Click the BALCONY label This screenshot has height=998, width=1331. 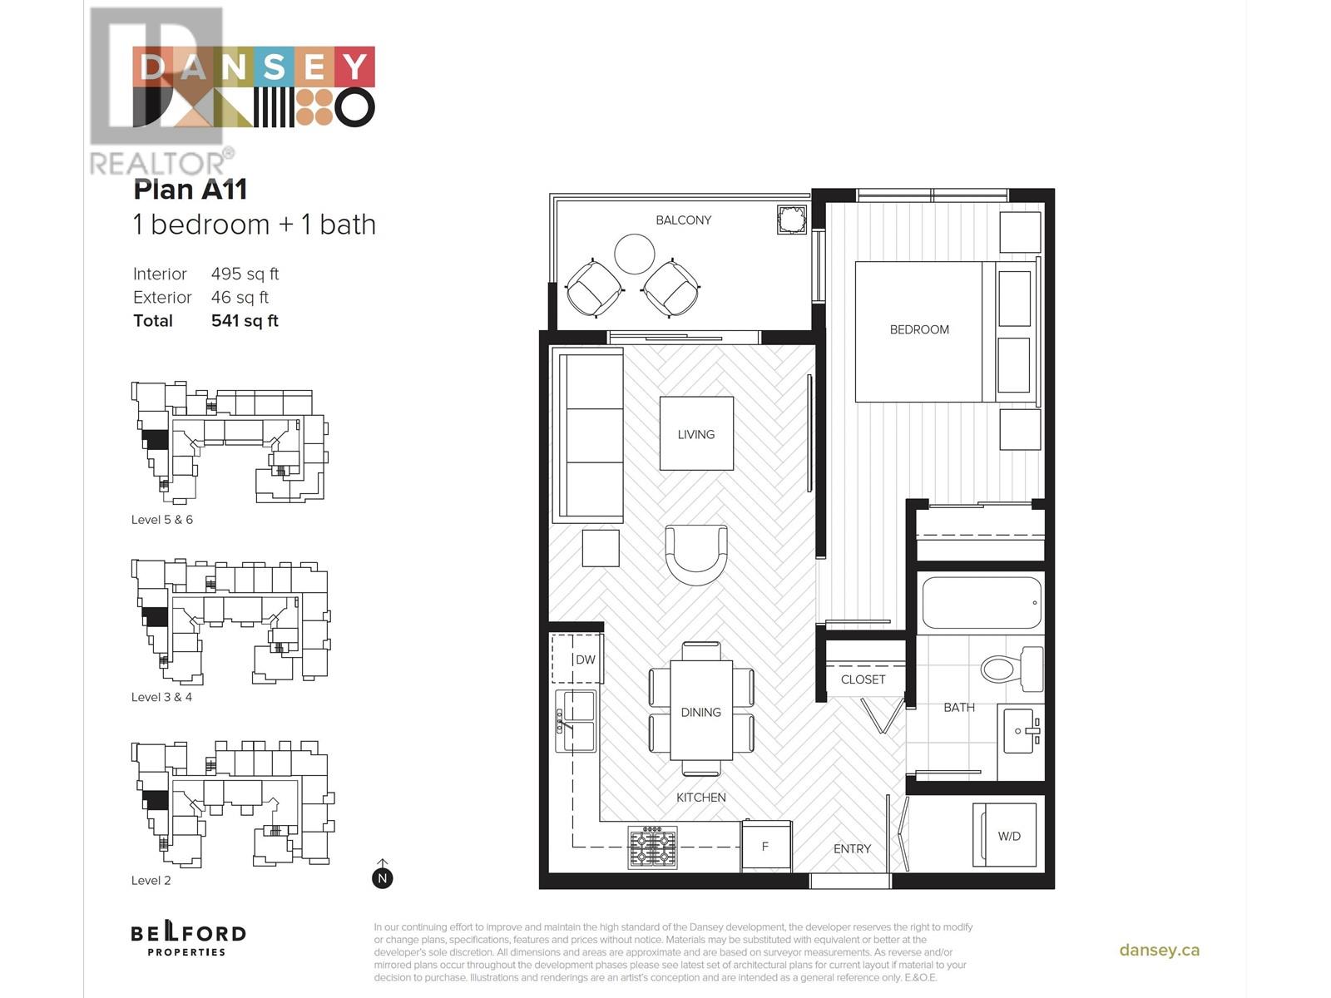(683, 220)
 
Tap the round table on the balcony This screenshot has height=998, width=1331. (634, 254)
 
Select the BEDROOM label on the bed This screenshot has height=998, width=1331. (919, 329)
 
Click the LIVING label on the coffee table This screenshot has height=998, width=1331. (696, 434)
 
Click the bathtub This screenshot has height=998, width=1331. (982, 603)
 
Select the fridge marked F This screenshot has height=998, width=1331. (765, 847)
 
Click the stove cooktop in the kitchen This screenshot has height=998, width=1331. (652, 847)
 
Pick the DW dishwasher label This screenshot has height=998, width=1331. (585, 660)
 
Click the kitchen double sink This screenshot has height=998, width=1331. (576, 720)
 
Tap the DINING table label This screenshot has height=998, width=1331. (700, 712)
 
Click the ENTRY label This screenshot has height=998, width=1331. (852, 848)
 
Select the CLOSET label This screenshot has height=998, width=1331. (863, 679)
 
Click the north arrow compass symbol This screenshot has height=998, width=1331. (383, 876)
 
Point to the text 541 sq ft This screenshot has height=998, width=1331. (245, 321)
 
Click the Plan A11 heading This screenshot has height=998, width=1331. (190, 190)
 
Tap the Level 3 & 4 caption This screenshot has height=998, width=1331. (161, 697)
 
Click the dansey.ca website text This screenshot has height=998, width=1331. (1159, 950)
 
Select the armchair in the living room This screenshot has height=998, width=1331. (696, 554)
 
